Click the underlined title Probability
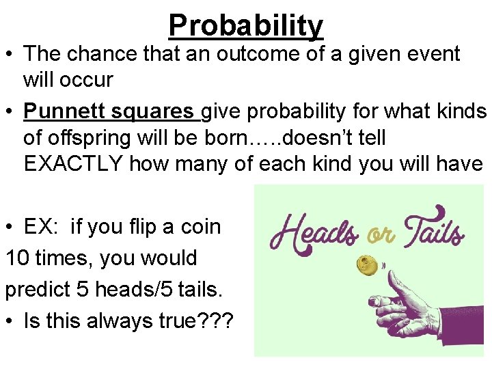[x=246, y=25]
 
